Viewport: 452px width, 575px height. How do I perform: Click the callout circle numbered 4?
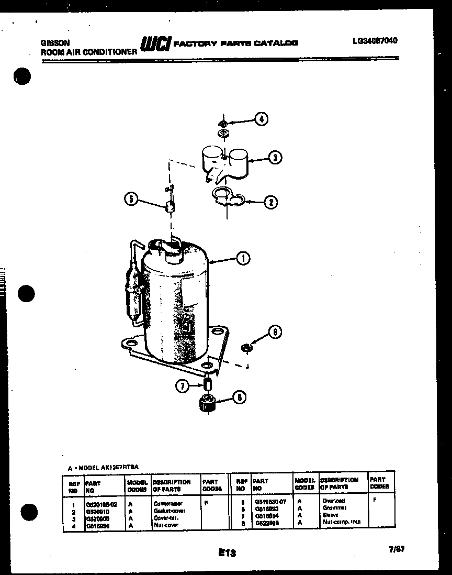261,119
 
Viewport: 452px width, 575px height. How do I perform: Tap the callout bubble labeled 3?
274,157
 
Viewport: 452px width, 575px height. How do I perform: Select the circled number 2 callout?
270,201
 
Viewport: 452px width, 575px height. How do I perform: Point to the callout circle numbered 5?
132,198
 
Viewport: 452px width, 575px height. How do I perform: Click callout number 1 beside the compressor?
242,258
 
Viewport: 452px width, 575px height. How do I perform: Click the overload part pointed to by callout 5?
169,207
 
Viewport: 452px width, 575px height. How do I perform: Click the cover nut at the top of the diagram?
223,124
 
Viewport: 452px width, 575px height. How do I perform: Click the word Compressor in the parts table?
168,503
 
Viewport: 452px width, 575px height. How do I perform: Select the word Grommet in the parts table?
334,508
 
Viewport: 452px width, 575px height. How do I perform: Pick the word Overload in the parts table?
334,501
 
